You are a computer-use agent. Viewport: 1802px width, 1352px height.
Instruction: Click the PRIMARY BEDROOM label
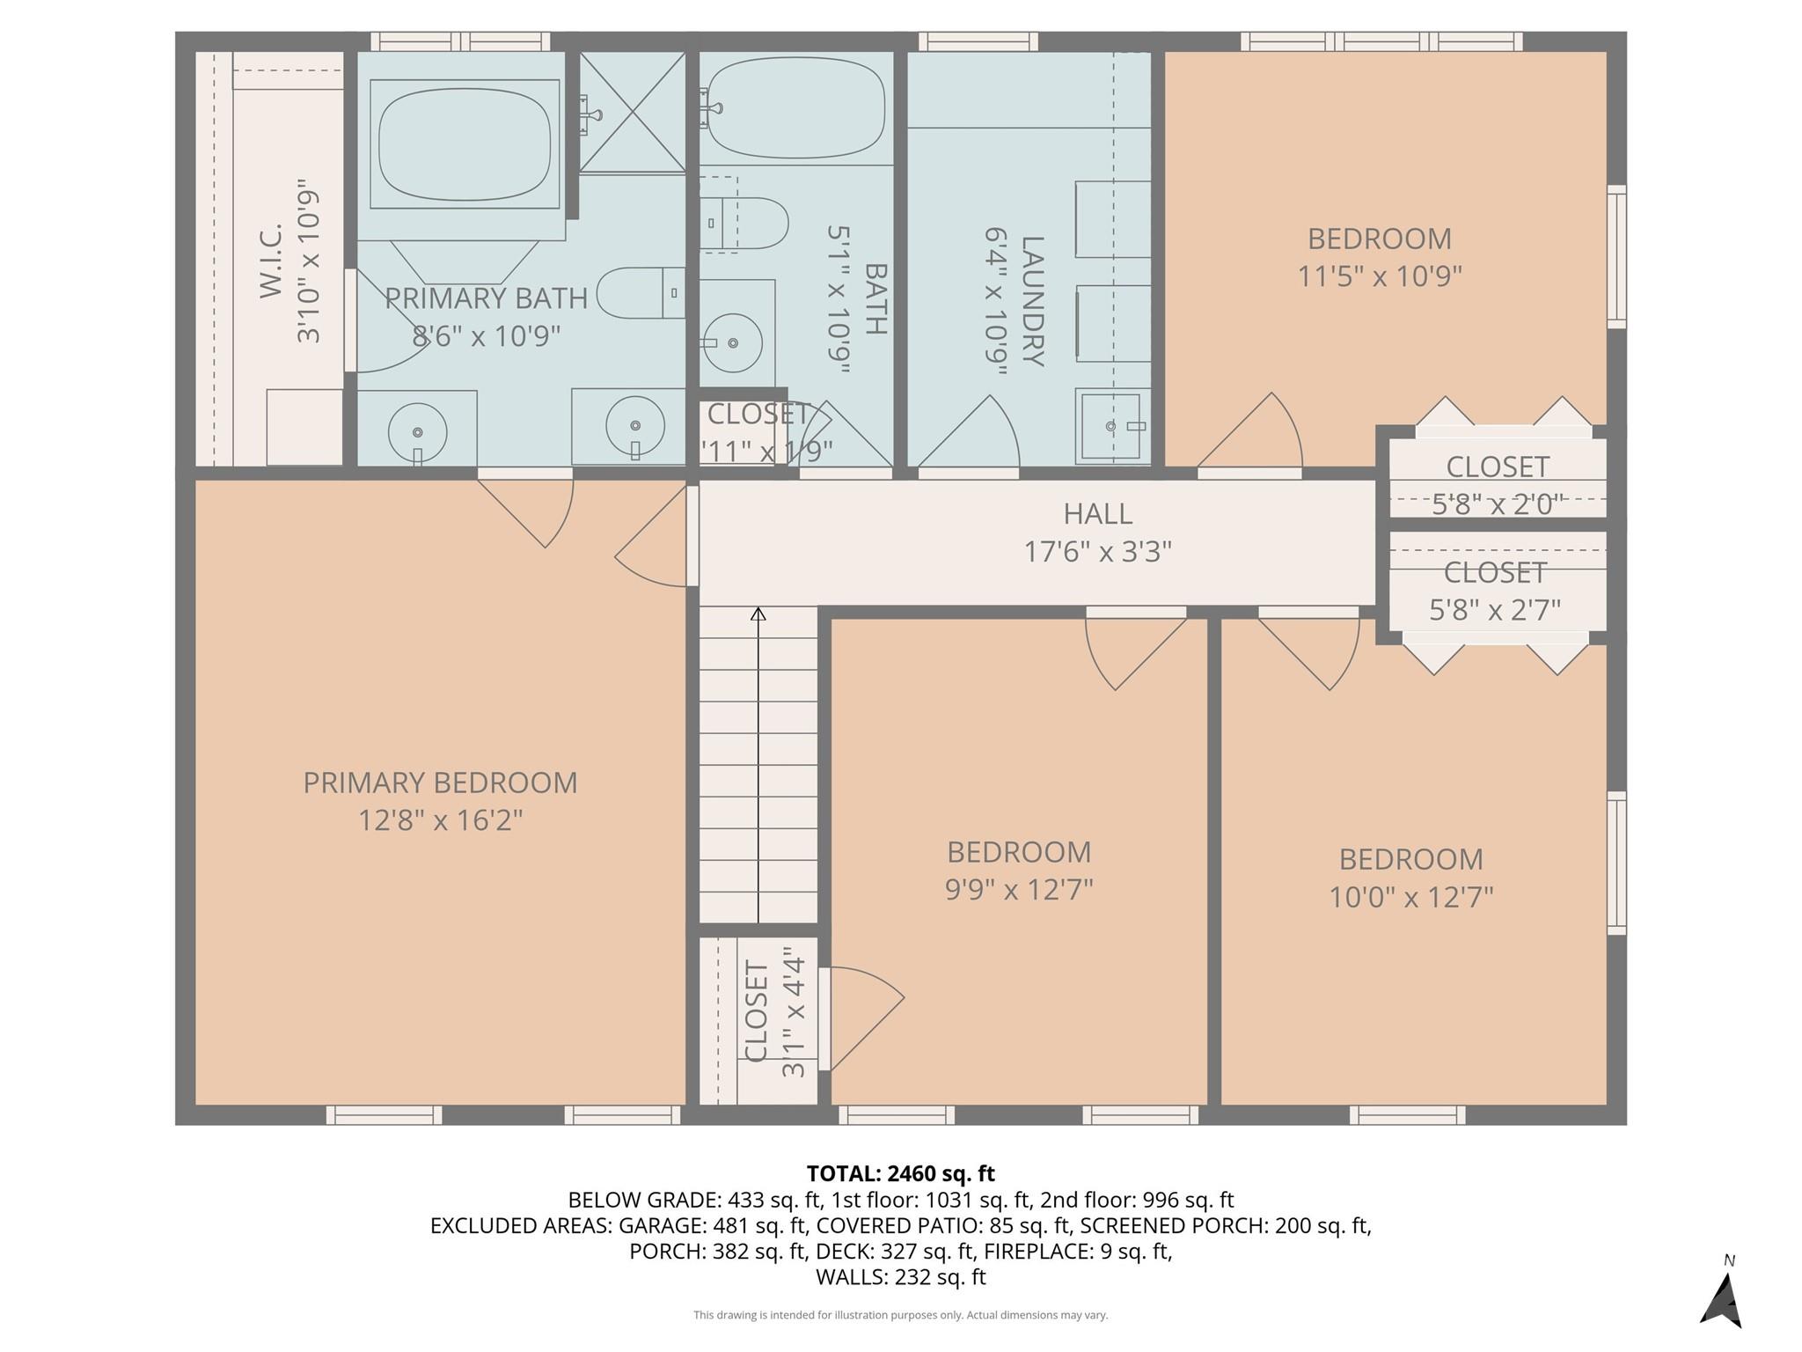point(440,783)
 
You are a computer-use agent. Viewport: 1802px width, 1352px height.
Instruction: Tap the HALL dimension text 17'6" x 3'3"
point(1097,552)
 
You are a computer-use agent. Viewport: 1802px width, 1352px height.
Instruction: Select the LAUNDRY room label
point(1032,301)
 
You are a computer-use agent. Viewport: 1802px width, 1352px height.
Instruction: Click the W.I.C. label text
point(271,261)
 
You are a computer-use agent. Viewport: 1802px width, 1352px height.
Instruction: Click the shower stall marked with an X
point(633,112)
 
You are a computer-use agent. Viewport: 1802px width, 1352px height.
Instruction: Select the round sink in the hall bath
point(732,342)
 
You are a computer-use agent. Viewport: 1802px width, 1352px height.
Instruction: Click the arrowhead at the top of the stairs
point(758,614)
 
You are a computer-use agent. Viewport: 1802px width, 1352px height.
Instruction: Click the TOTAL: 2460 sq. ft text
point(900,1173)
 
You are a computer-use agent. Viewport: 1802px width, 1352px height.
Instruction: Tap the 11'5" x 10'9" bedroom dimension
point(1379,276)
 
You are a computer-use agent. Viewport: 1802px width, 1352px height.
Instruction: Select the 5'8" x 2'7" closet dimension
point(1495,609)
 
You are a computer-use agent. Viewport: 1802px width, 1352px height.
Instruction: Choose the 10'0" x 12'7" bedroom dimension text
point(1410,897)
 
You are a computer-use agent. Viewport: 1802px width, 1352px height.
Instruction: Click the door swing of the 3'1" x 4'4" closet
point(862,1017)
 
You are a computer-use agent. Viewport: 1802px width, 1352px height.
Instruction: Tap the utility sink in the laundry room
point(1112,426)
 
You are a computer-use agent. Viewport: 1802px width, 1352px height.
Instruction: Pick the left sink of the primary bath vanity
point(417,431)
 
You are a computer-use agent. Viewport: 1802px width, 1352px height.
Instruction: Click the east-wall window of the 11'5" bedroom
point(1616,257)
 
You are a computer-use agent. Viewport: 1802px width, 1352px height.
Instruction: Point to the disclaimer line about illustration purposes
point(900,1315)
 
